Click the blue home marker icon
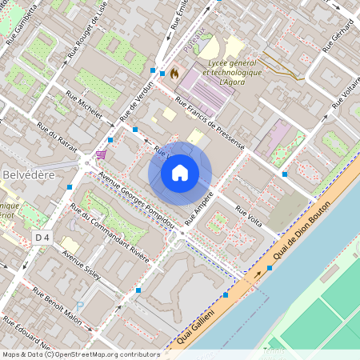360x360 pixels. click(x=180, y=173)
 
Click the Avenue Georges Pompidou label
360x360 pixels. click(x=129, y=196)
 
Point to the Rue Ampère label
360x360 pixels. click(x=199, y=206)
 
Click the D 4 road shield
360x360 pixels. click(x=42, y=237)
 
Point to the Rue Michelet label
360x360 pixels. click(x=84, y=106)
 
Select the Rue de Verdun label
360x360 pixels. click(x=135, y=106)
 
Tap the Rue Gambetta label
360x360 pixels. click(x=22, y=22)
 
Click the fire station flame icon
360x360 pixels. click(x=174, y=72)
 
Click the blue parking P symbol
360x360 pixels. click(x=78, y=306)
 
